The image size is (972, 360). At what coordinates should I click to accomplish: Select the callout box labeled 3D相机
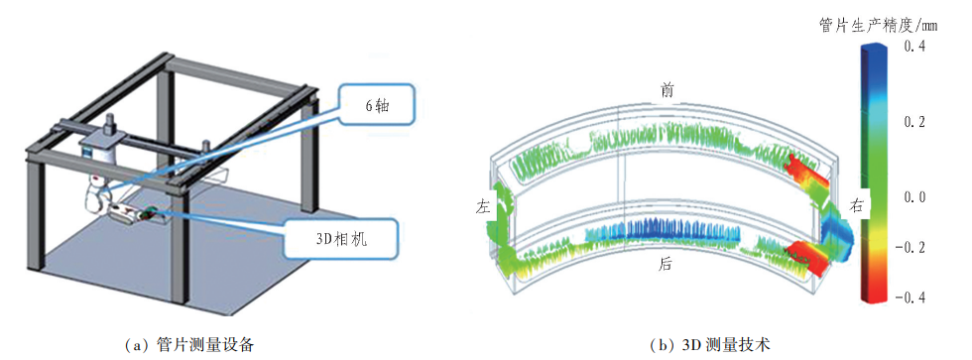[x=341, y=239]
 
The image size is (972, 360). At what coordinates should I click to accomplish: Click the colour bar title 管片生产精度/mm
[x=879, y=26]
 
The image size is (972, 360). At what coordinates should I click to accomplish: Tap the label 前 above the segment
[x=667, y=90]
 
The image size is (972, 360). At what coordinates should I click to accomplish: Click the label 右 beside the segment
[x=857, y=206]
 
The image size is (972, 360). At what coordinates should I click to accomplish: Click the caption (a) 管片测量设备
[x=189, y=344]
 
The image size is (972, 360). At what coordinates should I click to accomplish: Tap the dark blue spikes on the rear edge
[x=682, y=230]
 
